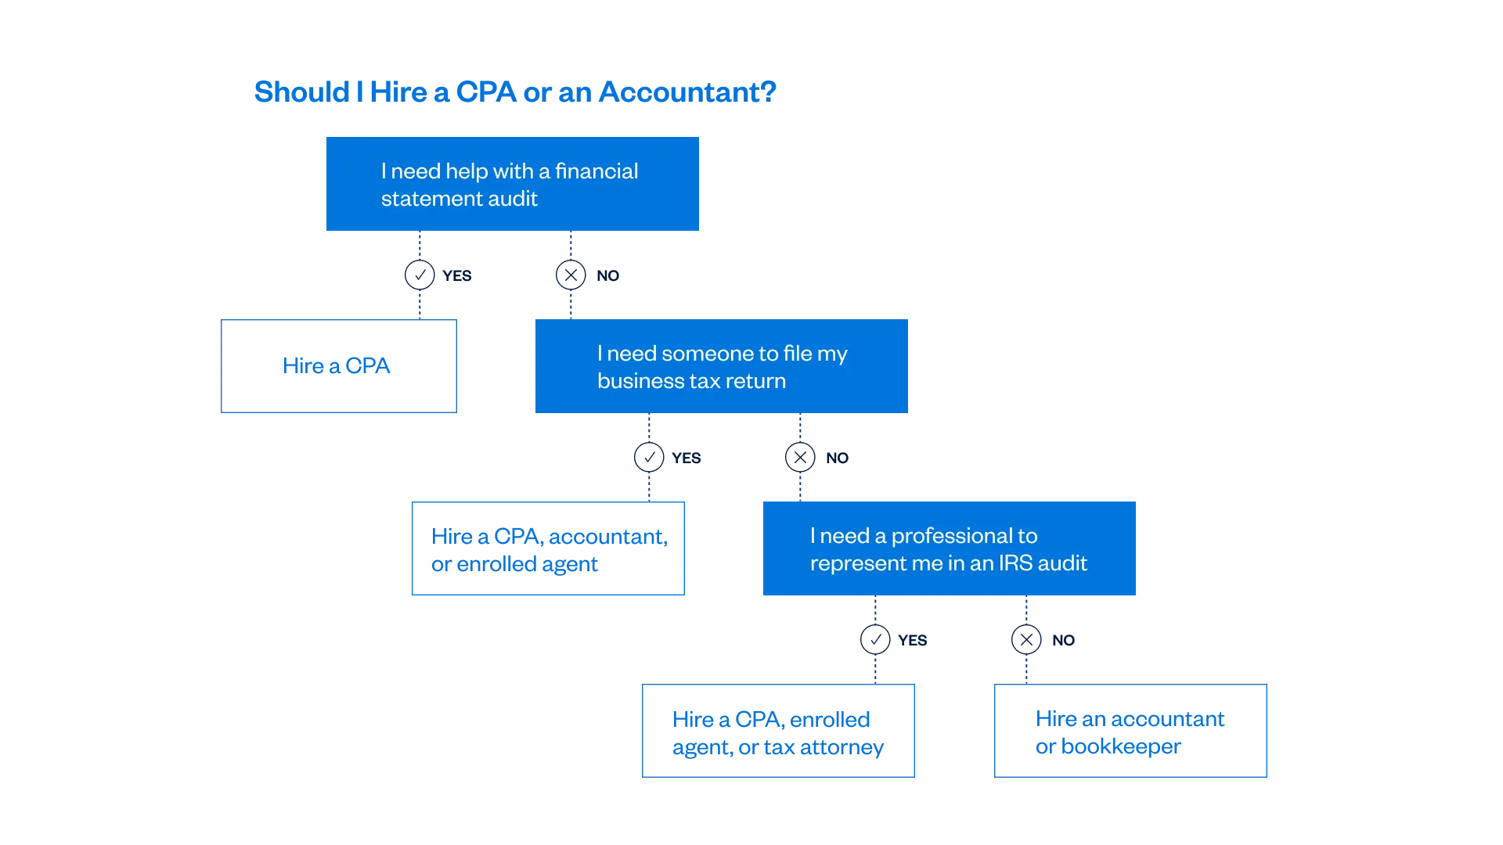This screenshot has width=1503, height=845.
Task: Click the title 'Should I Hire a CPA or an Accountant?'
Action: pos(514,92)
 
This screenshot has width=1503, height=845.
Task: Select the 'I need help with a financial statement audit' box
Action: pos(513,183)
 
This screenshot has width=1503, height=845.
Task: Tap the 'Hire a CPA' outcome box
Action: pos(338,366)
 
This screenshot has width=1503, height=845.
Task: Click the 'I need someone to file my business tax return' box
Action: pos(720,366)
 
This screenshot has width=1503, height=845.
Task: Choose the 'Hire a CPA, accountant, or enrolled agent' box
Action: pos(548,550)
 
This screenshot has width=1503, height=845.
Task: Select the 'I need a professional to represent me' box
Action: pos(948,550)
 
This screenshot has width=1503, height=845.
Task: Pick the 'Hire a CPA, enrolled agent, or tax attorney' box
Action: pos(779,732)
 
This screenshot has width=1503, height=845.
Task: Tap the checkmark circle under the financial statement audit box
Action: pos(420,275)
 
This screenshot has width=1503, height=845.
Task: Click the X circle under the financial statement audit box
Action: pos(570,275)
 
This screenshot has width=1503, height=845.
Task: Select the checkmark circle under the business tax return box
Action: pos(649,458)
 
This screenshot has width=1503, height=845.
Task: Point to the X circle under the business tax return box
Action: pos(799,458)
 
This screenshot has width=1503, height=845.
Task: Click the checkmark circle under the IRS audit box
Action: pos(874,640)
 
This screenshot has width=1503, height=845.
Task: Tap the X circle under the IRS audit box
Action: pos(1025,640)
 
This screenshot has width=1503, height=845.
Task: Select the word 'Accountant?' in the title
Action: pos(688,92)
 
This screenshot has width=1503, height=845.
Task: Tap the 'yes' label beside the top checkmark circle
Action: pos(459,275)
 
